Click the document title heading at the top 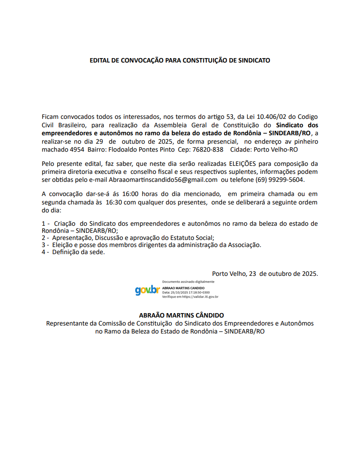180,60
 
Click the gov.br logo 147,290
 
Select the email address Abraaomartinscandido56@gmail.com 163,180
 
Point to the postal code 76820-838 208,149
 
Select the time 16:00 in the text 133,194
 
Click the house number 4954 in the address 77,149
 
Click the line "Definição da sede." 78,252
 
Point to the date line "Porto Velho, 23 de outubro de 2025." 265,273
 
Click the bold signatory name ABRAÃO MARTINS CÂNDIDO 180,315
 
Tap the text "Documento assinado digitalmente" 188,282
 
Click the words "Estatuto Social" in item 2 192,237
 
